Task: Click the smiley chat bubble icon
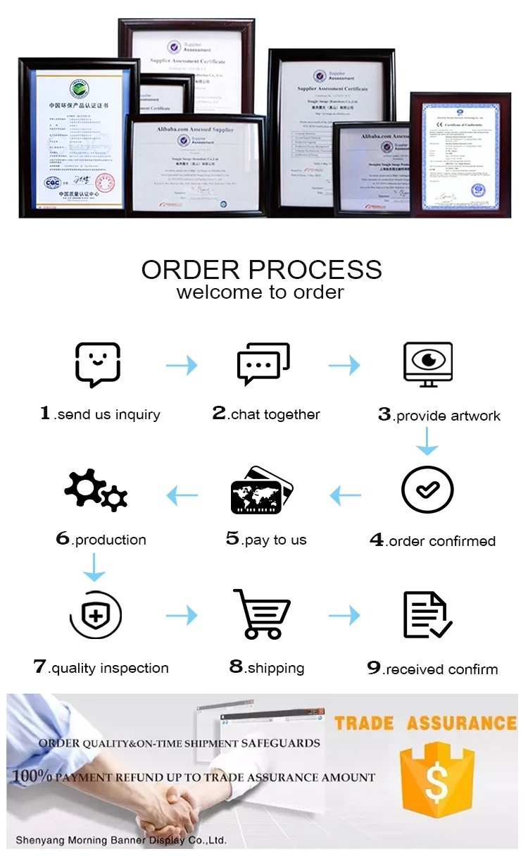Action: click(98, 364)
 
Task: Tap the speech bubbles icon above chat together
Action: click(263, 364)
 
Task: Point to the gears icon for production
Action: click(96, 489)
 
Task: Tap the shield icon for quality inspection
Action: click(96, 615)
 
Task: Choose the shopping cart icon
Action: click(261, 614)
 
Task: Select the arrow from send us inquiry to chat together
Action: click(182, 365)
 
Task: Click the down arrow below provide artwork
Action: click(427, 441)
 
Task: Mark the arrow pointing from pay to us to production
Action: click(182, 497)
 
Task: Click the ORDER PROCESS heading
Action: click(262, 270)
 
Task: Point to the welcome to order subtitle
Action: click(260, 292)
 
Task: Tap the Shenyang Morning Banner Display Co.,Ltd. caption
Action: click(121, 840)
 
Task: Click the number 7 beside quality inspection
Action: click(39, 666)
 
